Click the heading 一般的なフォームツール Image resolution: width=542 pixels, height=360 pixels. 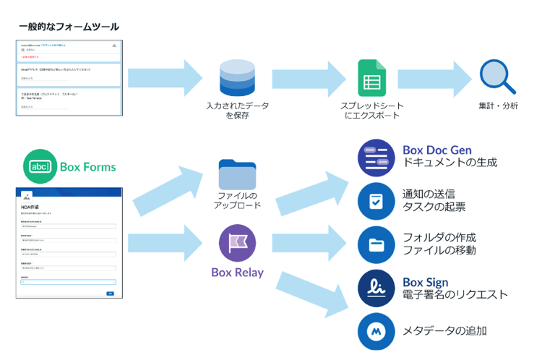(x=69, y=27)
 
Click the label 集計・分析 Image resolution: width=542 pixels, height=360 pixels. (x=498, y=106)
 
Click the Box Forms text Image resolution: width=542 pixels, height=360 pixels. (x=87, y=168)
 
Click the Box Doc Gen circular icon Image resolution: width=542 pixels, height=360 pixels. (x=376, y=157)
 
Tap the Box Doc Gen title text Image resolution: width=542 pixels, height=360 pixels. (x=437, y=150)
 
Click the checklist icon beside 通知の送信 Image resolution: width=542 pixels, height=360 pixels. (x=376, y=201)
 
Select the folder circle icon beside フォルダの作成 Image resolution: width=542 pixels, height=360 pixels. (x=376, y=244)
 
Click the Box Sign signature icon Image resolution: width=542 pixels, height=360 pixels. (x=376, y=288)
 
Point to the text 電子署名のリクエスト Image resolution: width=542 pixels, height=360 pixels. (x=455, y=295)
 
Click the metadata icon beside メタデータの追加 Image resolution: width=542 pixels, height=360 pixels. (x=376, y=331)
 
